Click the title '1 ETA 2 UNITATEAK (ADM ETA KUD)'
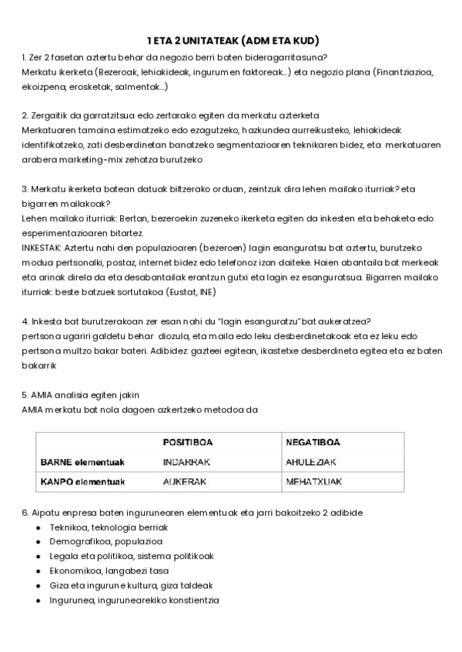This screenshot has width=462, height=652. [233, 41]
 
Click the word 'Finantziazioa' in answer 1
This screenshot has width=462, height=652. [405, 72]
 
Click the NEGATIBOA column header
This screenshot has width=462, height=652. [313, 442]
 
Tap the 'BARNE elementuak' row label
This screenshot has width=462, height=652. [82, 462]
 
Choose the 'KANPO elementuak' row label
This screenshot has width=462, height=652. [82, 482]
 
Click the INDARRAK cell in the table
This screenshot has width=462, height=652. [186, 462]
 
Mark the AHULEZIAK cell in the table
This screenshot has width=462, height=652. [311, 462]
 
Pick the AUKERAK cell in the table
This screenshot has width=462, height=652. [182, 482]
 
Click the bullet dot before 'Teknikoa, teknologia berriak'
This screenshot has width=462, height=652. [39, 527]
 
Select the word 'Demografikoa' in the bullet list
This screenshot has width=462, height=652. [79, 541]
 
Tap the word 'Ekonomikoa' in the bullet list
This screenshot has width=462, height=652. [75, 571]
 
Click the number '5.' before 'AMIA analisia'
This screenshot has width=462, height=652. [25, 394]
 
